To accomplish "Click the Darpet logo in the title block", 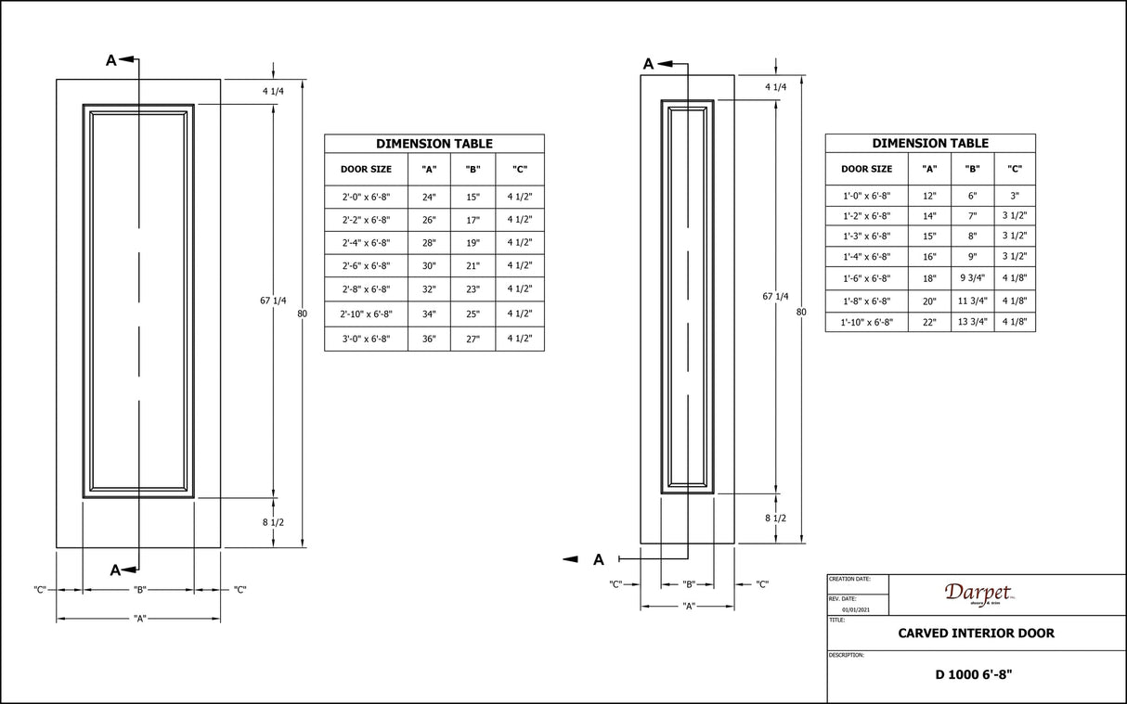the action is [x=978, y=594].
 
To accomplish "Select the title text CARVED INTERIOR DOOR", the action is [x=976, y=634].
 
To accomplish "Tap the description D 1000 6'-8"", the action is [x=974, y=674].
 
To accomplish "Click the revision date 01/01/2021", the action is [x=855, y=609].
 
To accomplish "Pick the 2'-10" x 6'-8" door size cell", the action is [x=366, y=314].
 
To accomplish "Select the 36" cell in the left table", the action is [x=429, y=339].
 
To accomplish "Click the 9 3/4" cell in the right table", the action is [x=972, y=277].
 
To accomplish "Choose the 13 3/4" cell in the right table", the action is [x=972, y=322].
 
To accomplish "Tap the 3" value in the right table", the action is [x=1015, y=196].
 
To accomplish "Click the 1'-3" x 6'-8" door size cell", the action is [x=866, y=236].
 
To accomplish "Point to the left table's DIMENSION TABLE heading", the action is [x=434, y=144].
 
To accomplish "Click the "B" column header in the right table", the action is [x=972, y=169].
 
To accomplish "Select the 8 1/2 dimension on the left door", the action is [x=273, y=522].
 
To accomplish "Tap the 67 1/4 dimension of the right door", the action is [x=775, y=296].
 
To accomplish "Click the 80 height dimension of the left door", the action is [x=302, y=314].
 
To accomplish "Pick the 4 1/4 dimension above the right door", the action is [x=775, y=87].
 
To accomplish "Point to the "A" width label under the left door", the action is [x=139, y=619].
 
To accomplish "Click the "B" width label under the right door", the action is [x=689, y=584].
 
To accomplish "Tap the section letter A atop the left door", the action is [x=110, y=61].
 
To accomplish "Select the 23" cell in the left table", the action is [x=473, y=289].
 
